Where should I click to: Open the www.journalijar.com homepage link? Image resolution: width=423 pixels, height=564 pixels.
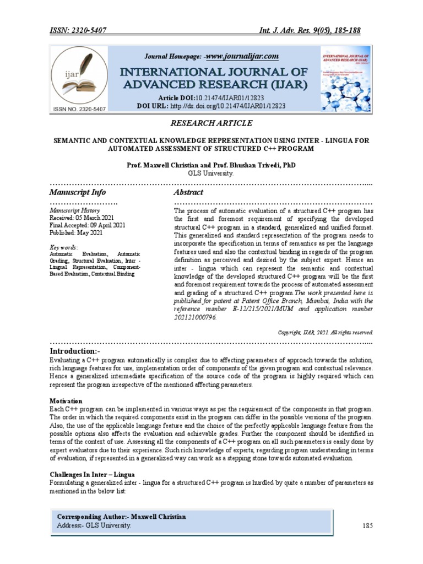241,57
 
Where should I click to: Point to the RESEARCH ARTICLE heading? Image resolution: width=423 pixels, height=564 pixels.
211,122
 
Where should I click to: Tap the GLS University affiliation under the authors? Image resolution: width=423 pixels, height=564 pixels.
211,172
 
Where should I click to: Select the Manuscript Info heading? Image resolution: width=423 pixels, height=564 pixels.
78,193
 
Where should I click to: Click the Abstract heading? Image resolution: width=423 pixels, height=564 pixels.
188,193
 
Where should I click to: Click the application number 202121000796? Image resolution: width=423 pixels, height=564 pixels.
196,318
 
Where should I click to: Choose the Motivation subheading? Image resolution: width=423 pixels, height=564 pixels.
66,401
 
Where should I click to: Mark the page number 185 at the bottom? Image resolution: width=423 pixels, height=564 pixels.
368,526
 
